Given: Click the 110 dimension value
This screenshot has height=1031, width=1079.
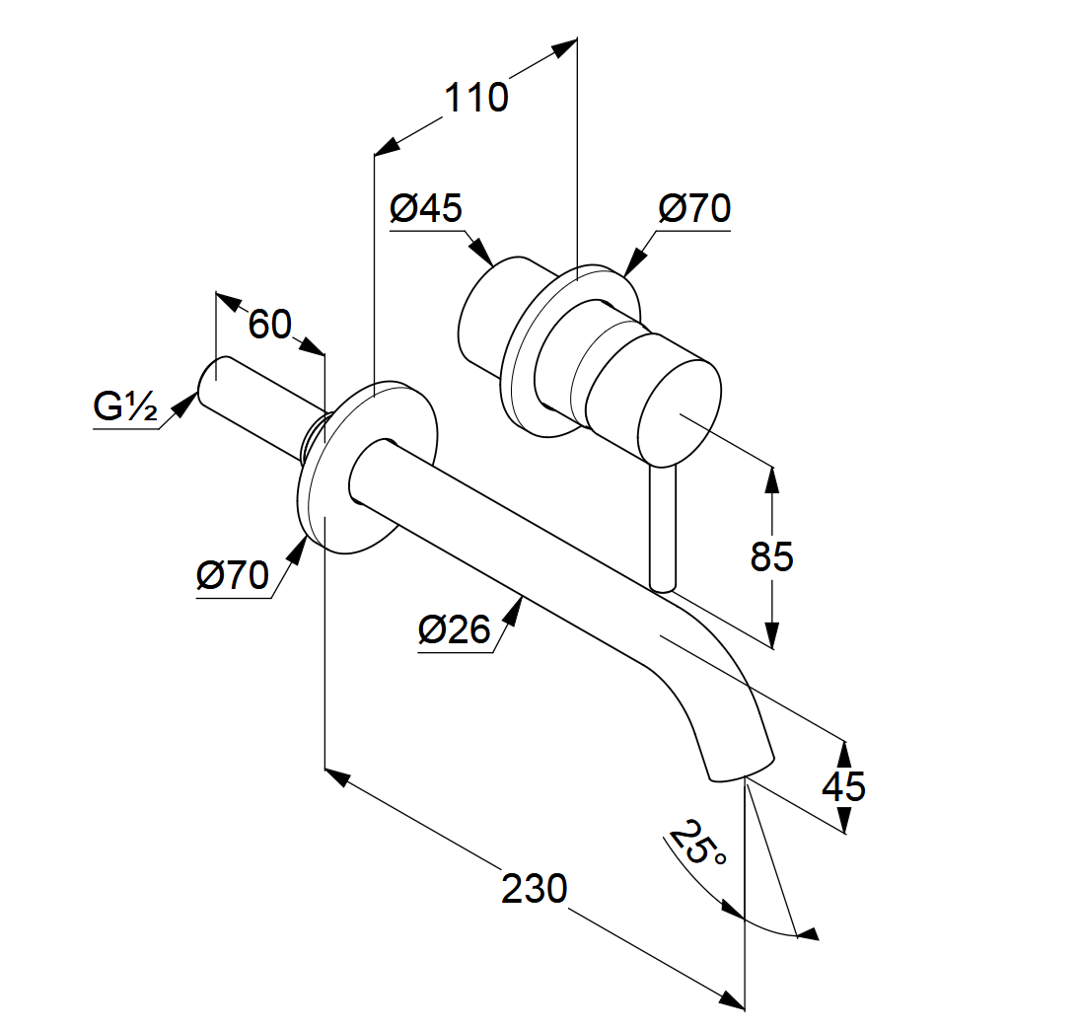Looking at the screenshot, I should (x=475, y=99).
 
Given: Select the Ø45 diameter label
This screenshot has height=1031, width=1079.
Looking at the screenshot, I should (x=426, y=209).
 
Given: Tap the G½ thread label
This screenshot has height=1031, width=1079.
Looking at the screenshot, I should (x=125, y=406).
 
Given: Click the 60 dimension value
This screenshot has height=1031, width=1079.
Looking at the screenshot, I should (x=269, y=324).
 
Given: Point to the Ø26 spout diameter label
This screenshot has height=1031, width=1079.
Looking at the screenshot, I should (x=453, y=629).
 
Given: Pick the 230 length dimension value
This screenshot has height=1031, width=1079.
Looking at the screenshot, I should (x=535, y=889).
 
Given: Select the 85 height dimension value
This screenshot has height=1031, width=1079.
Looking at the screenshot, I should (x=771, y=557).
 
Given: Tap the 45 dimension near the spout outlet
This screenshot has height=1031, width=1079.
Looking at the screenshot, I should (x=843, y=787).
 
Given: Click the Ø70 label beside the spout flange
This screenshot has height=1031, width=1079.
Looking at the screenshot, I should (x=233, y=575).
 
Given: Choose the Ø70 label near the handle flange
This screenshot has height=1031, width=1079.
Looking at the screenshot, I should (x=694, y=209).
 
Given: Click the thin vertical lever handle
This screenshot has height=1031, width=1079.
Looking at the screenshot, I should (x=662, y=528).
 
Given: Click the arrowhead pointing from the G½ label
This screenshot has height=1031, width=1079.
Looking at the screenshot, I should (x=183, y=403).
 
